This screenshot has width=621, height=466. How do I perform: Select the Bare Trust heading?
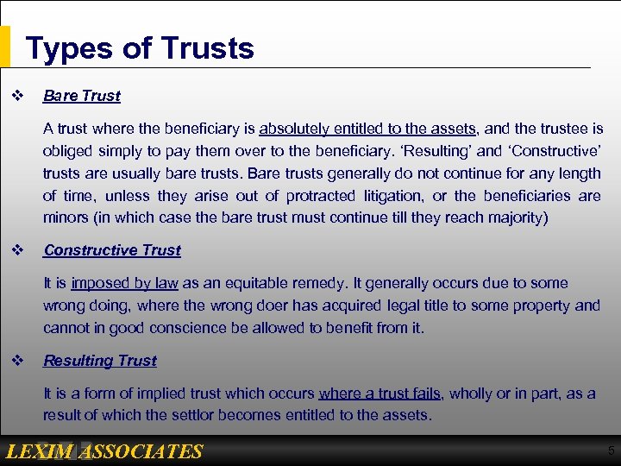(82, 96)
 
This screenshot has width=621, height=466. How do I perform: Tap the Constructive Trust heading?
(112, 250)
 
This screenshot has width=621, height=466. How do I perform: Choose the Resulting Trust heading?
(100, 361)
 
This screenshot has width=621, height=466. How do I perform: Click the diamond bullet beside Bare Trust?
(16, 96)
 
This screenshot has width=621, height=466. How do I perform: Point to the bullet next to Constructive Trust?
(16, 250)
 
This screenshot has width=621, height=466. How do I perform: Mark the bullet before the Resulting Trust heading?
(16, 361)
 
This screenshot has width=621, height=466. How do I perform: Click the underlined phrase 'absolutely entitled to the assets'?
(368, 129)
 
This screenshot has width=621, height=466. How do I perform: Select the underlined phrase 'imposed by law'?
(125, 283)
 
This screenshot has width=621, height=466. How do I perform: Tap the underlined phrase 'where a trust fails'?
(380, 394)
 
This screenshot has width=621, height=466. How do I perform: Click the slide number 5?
(611, 450)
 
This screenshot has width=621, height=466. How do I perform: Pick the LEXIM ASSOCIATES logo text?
(103, 451)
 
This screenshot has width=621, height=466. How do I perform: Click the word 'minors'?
(66, 218)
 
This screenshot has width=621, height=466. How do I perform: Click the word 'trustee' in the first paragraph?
(556, 129)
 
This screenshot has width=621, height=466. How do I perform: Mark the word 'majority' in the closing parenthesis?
(512, 218)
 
